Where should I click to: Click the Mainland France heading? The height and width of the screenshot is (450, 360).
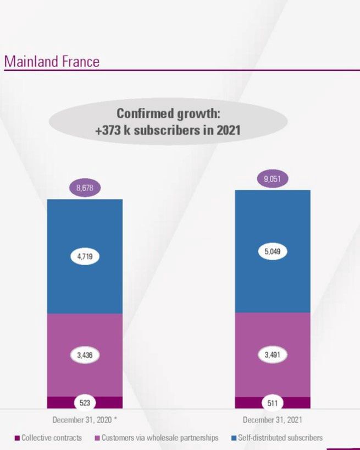pyautogui.click(x=52, y=61)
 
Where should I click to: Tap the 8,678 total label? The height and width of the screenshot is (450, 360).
pyautogui.click(x=85, y=188)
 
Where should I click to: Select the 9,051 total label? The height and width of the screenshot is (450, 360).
pyautogui.click(x=273, y=179)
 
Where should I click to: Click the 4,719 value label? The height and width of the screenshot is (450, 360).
pyautogui.click(x=85, y=256)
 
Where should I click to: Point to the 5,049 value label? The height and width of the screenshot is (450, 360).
pyautogui.click(x=273, y=251)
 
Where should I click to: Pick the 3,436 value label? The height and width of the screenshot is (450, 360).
pyautogui.click(x=85, y=355)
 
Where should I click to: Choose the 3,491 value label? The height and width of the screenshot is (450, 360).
pyautogui.click(x=273, y=355)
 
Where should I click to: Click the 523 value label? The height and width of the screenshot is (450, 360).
pyautogui.click(x=85, y=403)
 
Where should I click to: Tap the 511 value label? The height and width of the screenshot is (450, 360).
pyautogui.click(x=273, y=403)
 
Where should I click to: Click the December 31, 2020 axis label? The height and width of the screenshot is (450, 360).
pyautogui.click(x=85, y=420)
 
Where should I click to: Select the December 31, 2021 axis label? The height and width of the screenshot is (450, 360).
pyautogui.click(x=273, y=420)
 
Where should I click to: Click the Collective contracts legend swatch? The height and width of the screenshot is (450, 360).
pyautogui.click(x=17, y=438)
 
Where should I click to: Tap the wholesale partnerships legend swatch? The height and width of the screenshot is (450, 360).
pyautogui.click(x=97, y=438)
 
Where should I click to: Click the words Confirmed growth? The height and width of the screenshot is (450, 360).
pyautogui.click(x=168, y=114)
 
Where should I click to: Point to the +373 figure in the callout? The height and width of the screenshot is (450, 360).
pyautogui.click(x=109, y=131)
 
